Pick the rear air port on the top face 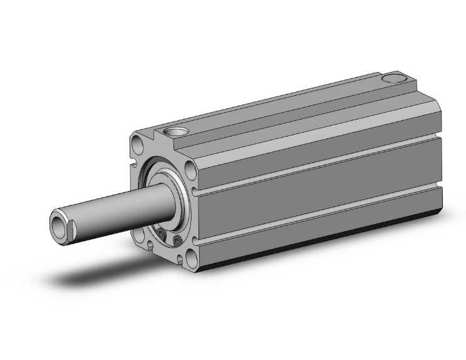tap(393, 79)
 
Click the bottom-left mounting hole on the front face tap(138, 236)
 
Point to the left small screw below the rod tap(162, 234)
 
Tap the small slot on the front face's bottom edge tap(163, 255)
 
